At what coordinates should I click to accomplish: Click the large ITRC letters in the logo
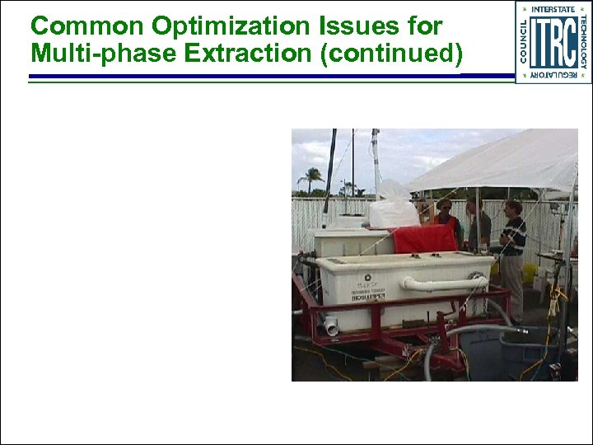(x=553, y=42)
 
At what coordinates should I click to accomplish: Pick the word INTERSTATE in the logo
(x=553, y=9)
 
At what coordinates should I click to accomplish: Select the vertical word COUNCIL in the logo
(x=525, y=42)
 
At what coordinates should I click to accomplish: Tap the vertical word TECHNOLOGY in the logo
(x=582, y=42)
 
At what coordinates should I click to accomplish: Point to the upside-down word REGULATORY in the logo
(x=553, y=75)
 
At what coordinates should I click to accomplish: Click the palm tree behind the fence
(x=311, y=178)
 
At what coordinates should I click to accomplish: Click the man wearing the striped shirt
(x=512, y=247)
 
